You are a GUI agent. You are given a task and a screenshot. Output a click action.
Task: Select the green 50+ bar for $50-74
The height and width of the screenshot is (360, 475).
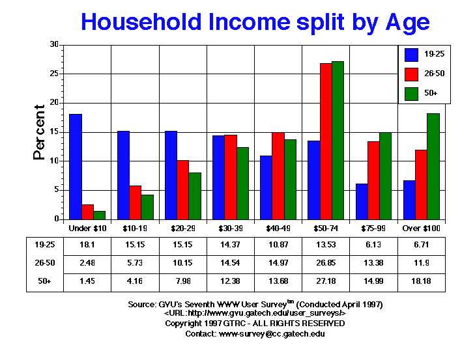(338, 140)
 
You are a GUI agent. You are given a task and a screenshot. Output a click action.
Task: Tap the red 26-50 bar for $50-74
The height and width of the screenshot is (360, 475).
(326, 141)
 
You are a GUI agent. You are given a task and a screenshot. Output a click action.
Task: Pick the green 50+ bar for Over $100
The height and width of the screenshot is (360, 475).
(433, 166)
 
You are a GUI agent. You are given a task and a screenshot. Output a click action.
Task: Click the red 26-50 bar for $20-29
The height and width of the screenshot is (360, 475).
(182, 189)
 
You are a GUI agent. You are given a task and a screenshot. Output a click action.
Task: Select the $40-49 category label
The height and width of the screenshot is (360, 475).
(278, 228)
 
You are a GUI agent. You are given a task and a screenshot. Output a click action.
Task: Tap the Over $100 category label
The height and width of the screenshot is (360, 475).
(422, 228)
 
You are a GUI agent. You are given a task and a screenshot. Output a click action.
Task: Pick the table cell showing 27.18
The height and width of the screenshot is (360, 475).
(326, 282)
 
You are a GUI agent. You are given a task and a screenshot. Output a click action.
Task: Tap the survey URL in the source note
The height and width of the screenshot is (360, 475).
(255, 314)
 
